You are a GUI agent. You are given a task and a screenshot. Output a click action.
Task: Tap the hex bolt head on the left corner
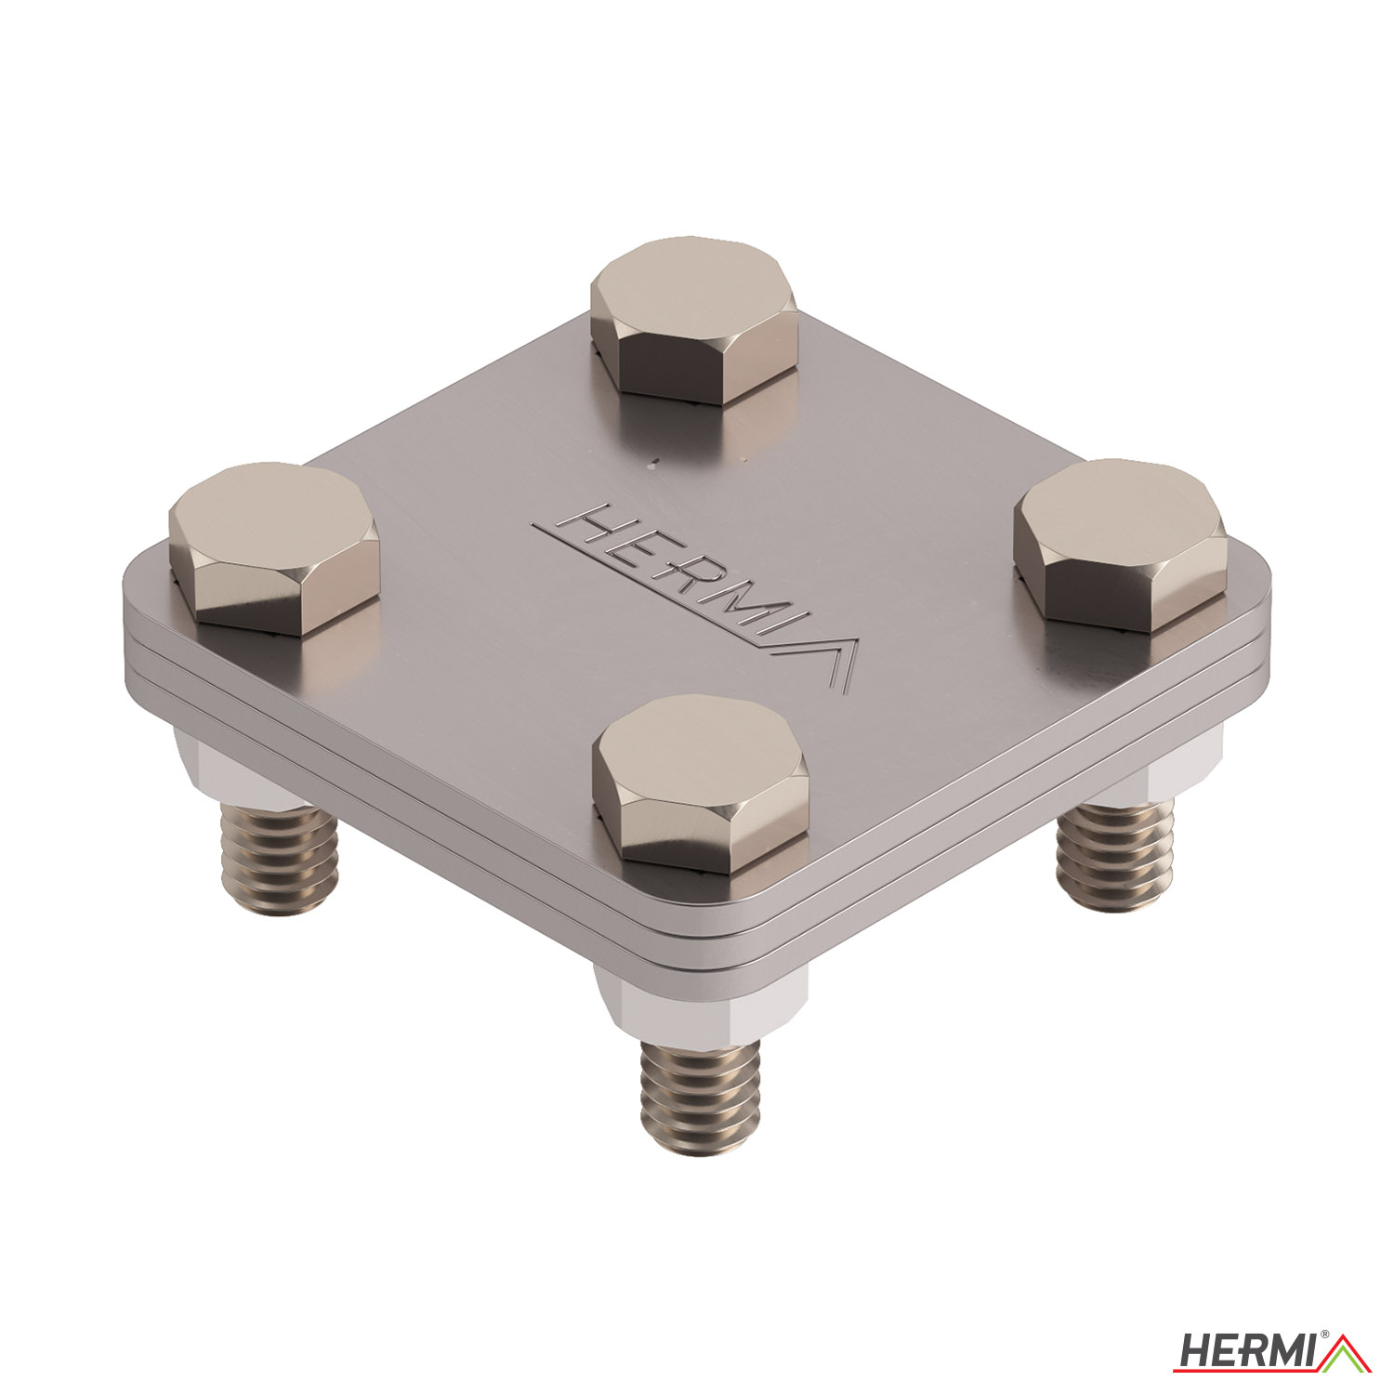pyautogui.click(x=274, y=548)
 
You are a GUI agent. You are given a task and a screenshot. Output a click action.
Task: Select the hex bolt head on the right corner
pyautogui.click(x=1120, y=545)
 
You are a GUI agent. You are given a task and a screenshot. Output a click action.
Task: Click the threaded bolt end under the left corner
pyautogui.click(x=278, y=860)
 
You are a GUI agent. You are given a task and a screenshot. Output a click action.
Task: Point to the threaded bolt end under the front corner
pyautogui.click(x=701, y=1097)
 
